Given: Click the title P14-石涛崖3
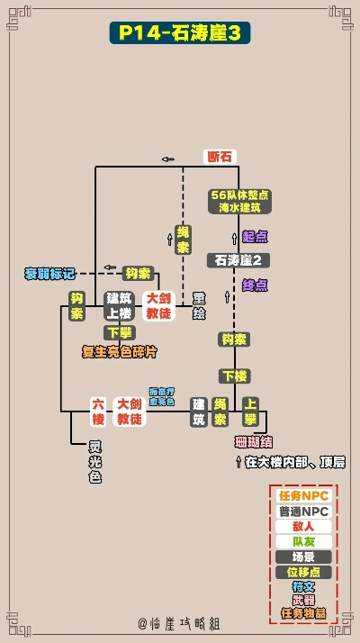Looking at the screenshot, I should [180, 33].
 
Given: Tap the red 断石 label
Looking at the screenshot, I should [220, 157].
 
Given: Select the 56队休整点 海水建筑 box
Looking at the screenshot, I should [239, 201].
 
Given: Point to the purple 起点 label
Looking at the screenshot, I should [255, 236].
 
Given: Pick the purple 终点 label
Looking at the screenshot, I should [255, 285].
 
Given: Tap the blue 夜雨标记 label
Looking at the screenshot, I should [50, 273].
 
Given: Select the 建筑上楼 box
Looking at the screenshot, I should [119, 305].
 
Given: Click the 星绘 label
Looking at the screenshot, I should [200, 305].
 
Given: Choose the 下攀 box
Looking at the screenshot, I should [119, 332].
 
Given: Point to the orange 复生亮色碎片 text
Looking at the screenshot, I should [120, 351].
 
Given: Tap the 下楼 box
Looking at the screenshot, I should [234, 375].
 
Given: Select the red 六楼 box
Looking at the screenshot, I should [98, 412].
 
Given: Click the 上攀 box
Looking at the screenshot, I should [251, 412].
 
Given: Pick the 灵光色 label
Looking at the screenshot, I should [94, 462].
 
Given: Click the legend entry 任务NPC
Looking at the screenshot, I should [303, 496].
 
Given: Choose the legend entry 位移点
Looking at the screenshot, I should [303, 572].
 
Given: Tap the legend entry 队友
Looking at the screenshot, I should [303, 541].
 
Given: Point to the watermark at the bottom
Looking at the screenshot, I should [180, 623].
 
